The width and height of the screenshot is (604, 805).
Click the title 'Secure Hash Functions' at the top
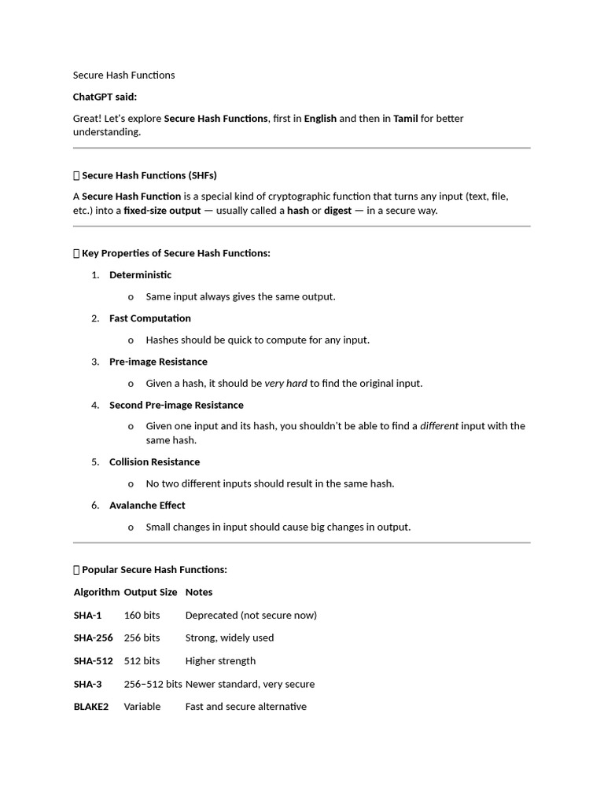tap(124, 75)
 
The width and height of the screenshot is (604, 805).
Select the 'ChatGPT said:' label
tap(105, 97)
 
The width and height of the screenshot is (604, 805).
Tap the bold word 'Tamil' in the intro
tap(405, 119)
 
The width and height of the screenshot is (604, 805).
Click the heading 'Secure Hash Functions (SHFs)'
tap(149, 175)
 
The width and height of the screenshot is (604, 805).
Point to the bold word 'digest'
tap(337, 211)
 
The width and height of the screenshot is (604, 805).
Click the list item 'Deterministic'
tap(140, 275)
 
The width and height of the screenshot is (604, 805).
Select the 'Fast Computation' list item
tap(149, 318)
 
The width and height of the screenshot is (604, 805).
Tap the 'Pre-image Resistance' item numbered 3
tap(158, 362)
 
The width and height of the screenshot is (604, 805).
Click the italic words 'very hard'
tap(285, 384)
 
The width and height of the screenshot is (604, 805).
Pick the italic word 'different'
tap(439, 426)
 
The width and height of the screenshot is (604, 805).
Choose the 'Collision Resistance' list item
tap(154, 462)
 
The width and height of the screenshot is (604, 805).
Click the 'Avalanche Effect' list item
tap(147, 505)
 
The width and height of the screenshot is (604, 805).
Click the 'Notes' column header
tap(199, 592)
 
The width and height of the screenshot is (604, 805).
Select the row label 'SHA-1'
tap(88, 616)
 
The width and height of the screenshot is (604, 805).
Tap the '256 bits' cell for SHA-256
tap(142, 638)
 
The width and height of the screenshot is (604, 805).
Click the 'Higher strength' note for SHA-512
tap(220, 661)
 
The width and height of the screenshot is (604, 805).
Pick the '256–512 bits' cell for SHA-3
tap(153, 684)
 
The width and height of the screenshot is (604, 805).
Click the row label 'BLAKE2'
tap(91, 707)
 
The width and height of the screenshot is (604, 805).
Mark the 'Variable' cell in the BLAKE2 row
tap(142, 707)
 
